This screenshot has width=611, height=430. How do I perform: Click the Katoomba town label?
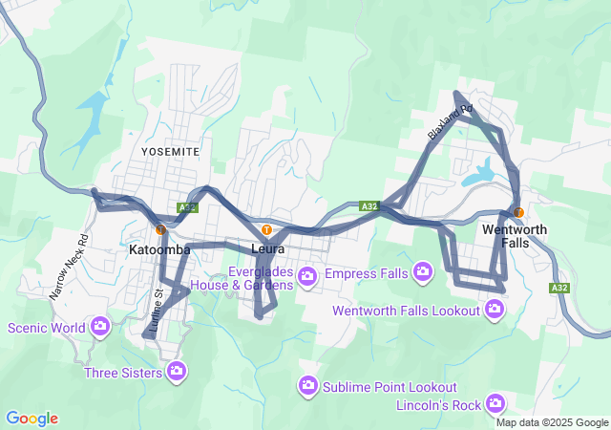159,249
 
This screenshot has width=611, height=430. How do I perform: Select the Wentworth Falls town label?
515,237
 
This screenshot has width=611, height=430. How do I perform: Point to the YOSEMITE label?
170,152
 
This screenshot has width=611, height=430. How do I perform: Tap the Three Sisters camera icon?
176,371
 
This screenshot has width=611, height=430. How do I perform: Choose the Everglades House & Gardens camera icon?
307,277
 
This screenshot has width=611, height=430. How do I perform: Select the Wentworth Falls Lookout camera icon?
494,309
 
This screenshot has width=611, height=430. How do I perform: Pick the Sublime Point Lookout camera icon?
307,385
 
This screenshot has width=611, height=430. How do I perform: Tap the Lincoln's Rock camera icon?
495,402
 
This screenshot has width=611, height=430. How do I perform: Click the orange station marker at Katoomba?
160,229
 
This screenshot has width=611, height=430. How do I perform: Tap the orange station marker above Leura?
266,230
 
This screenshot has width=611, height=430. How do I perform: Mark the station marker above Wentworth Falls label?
517,212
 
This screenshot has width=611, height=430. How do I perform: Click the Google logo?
32,419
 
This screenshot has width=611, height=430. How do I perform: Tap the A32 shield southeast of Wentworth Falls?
559,287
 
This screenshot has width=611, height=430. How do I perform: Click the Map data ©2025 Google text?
551,422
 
